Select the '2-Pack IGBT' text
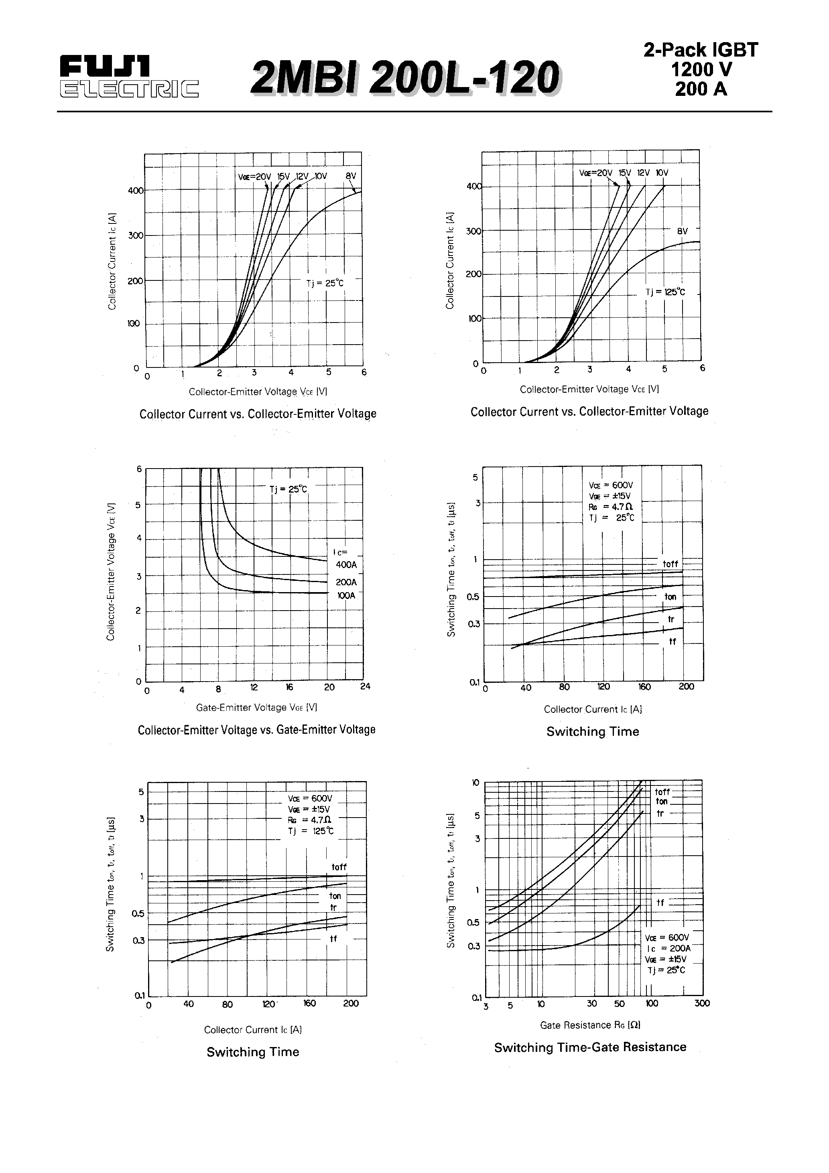point(701,50)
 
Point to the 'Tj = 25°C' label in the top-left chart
point(325,283)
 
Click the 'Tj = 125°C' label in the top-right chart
point(665,292)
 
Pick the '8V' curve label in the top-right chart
point(682,231)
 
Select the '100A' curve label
point(346,596)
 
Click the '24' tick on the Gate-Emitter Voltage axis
point(365,687)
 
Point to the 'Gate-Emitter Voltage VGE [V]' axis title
point(256,708)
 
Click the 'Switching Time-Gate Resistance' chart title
point(590,1047)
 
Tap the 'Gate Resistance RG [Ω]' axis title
point(590,1025)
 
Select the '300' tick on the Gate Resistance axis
point(702,1003)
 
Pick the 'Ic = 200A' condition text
point(668,948)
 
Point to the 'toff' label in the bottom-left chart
point(339,867)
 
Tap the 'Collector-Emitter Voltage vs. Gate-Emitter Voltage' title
point(256,730)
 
